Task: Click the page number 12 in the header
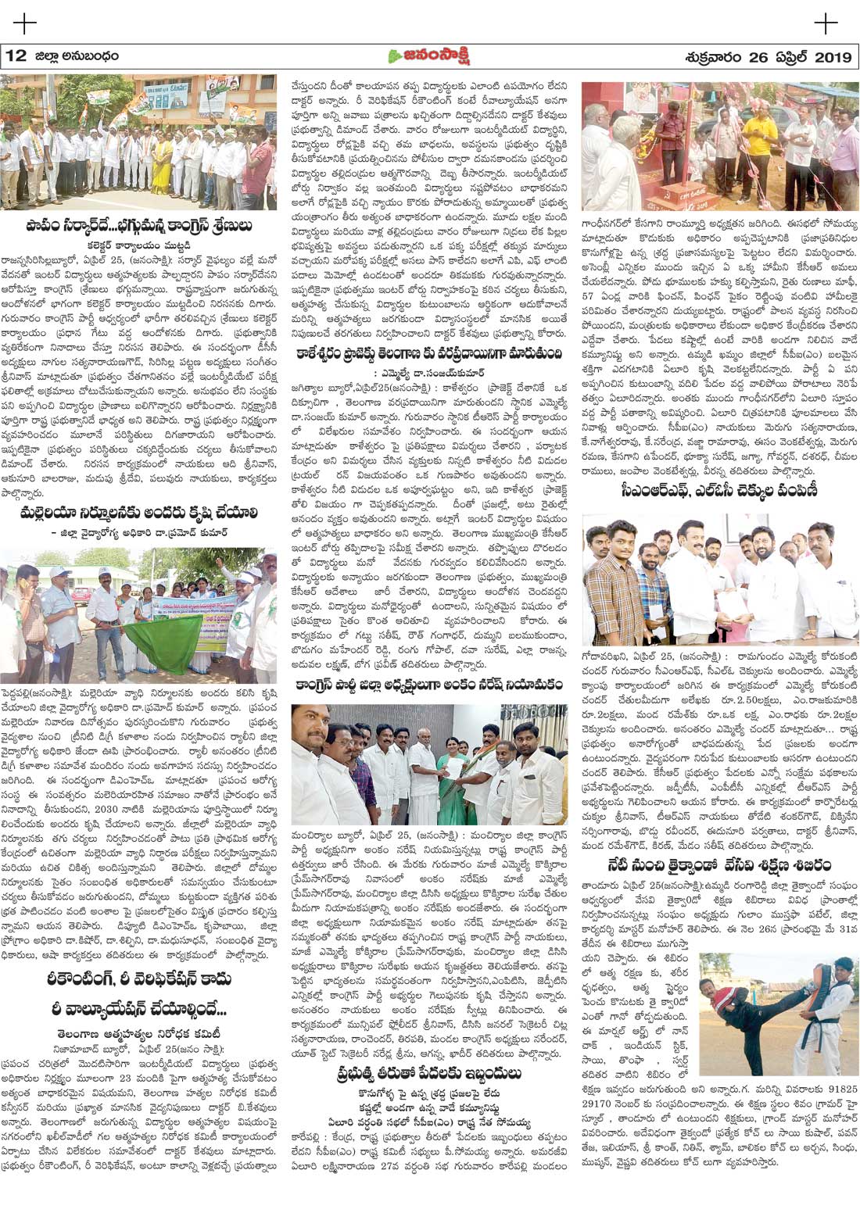tap(16, 56)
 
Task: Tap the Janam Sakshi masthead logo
tap(430, 56)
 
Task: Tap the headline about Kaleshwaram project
tap(429, 353)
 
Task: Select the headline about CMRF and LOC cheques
tap(719, 492)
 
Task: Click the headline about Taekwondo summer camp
tap(719, 865)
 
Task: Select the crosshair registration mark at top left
tap(24, 23)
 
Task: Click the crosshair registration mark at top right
tap(826, 23)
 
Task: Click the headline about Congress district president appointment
tap(429, 685)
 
